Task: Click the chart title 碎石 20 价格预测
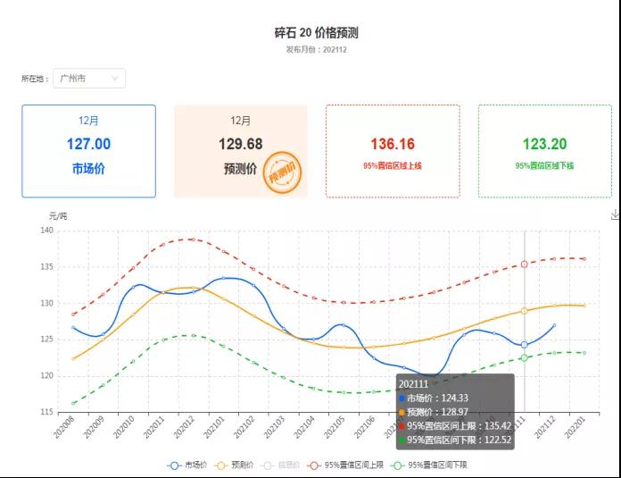coord(316,32)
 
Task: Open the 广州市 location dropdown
coord(88,79)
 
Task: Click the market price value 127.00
coord(88,144)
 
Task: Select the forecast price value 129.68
coord(240,144)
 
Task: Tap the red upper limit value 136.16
coord(393,144)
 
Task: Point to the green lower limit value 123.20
coord(544,144)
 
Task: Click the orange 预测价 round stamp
coord(282,172)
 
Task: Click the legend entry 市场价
coord(188,465)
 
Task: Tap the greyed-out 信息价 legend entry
coord(283,465)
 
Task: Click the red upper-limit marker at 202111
coord(525,264)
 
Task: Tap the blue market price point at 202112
coord(554,326)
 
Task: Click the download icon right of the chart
coord(615,214)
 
